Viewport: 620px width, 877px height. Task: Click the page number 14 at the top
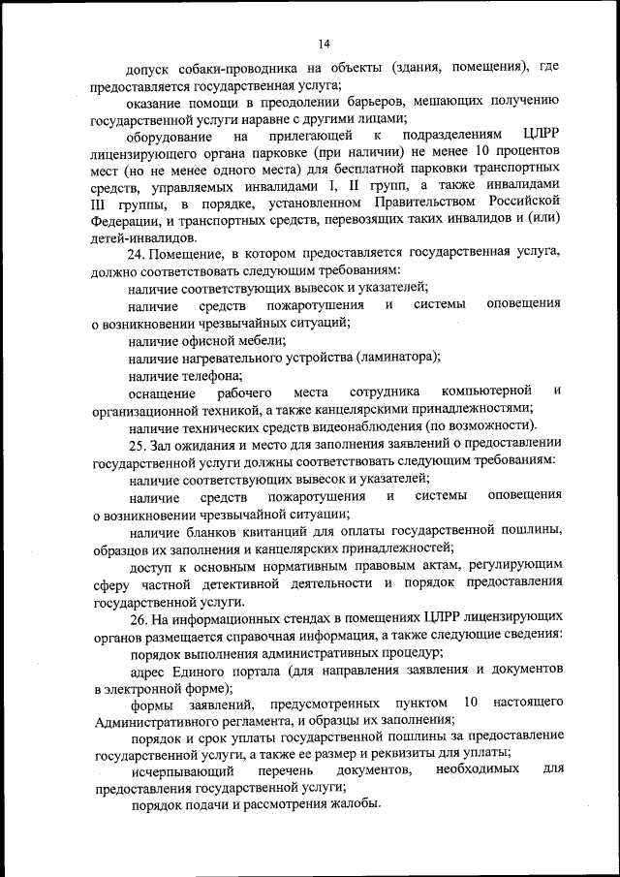tap(324, 43)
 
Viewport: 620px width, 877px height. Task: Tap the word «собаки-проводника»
tap(226, 69)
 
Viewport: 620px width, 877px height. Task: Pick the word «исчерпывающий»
tap(182, 771)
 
